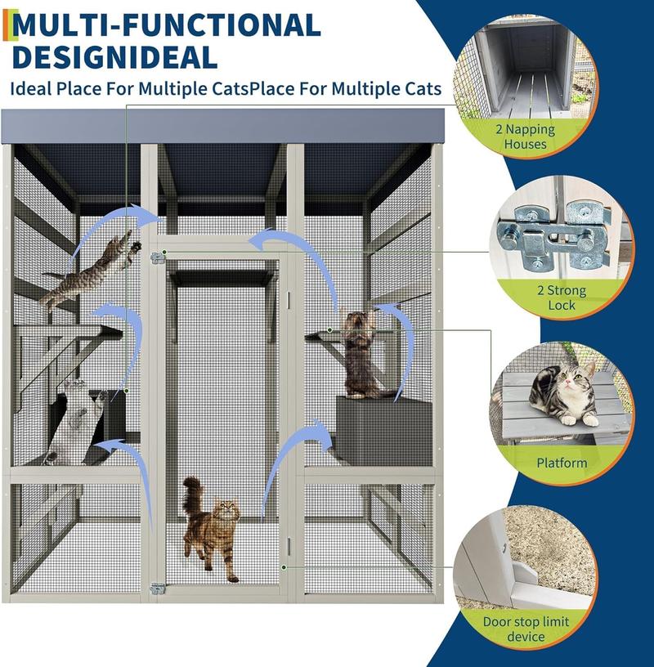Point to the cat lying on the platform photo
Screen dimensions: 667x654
click(562, 396)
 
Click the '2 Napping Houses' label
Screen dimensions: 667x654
click(525, 137)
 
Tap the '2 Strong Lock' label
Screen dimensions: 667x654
click(562, 298)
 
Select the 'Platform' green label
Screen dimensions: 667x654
click(562, 463)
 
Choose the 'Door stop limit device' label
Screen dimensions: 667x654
click(526, 629)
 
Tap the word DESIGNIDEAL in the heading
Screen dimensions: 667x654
click(115, 57)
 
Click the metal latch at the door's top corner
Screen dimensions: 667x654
click(157, 257)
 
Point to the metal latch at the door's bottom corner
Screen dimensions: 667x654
click(157, 588)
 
